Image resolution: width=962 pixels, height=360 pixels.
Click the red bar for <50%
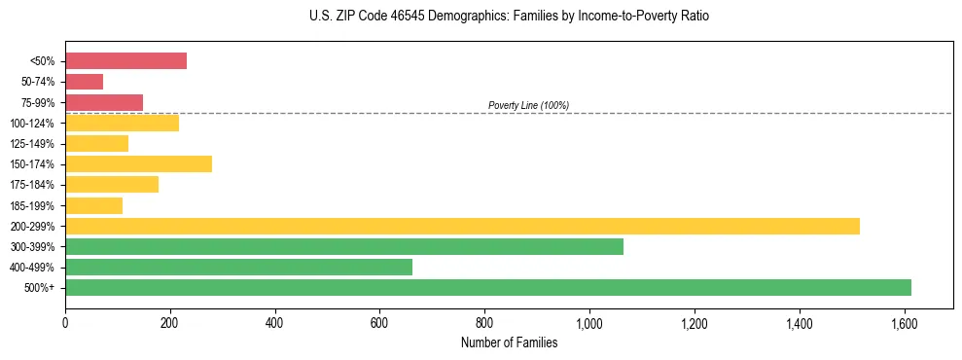pyautogui.click(x=125, y=60)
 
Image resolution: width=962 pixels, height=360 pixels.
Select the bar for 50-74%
pyautogui.click(x=84, y=82)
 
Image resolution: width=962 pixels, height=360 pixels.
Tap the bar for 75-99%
pyautogui.click(x=104, y=102)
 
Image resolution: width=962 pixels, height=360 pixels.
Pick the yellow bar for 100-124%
pyautogui.click(x=122, y=123)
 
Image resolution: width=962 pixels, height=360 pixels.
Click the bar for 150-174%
pyautogui.click(x=138, y=163)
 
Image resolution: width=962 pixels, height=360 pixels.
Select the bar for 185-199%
pyautogui.click(x=93, y=205)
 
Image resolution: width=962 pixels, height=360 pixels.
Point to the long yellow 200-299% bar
pyautogui.click(x=462, y=226)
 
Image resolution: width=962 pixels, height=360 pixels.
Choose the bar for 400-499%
pyautogui.click(x=238, y=267)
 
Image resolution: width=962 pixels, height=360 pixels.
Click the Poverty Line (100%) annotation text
pyautogui.click(x=528, y=105)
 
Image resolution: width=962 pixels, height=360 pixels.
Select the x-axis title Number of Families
pyautogui.click(x=509, y=342)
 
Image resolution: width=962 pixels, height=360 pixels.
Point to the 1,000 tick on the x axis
pyautogui.click(x=589, y=321)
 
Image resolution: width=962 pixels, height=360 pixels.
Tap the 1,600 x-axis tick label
pyautogui.click(x=905, y=321)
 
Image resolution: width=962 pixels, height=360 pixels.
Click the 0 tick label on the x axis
pyautogui.click(x=65, y=321)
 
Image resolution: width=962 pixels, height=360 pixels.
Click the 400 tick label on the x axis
pyautogui.click(x=275, y=321)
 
